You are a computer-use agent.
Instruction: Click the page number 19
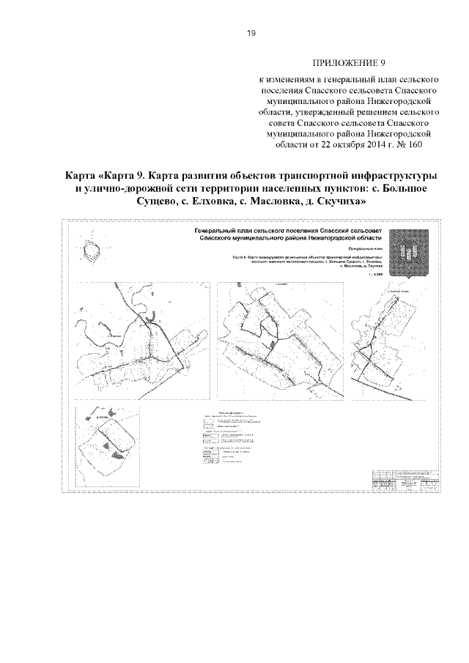(250, 33)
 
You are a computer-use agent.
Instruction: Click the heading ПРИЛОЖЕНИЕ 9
(344, 62)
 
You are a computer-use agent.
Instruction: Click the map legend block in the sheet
(234, 440)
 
